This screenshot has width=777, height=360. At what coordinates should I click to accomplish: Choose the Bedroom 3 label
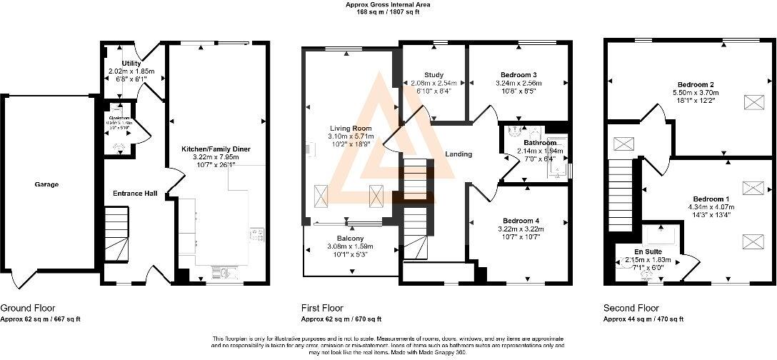coord(519,75)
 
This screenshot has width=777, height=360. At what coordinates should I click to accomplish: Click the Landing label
coord(458,154)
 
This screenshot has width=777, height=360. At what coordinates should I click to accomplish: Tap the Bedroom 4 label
coord(519,221)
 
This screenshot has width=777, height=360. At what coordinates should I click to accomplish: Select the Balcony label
coord(351,238)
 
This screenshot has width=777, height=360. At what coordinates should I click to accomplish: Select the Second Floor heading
coord(629,309)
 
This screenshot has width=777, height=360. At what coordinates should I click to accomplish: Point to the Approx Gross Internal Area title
coord(388,4)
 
